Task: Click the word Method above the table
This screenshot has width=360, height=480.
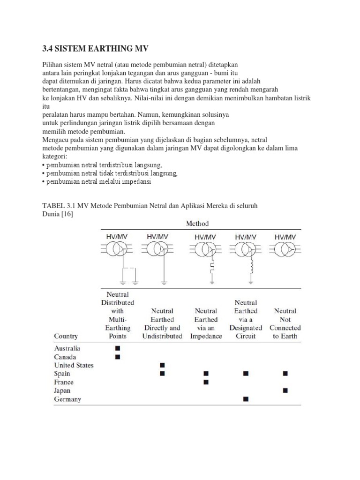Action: coord(197,224)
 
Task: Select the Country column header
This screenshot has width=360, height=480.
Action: coord(66,336)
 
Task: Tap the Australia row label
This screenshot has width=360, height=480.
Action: coord(67,348)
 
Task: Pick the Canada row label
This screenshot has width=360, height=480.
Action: coord(65,357)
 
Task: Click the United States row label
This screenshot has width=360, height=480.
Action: coord(74,365)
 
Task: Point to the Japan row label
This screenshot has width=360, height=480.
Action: coord(63,390)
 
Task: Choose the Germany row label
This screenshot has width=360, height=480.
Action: coord(67,399)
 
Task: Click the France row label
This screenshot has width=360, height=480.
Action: coord(64,382)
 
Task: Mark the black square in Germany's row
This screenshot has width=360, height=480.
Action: coord(246,399)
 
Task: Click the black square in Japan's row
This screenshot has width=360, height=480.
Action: coord(285,390)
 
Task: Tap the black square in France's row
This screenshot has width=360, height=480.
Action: coord(206,382)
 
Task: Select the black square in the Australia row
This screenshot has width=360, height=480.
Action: coord(117,348)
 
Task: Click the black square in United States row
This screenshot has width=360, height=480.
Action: coord(162,365)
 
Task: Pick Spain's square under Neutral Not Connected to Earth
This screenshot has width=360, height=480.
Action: coord(285,374)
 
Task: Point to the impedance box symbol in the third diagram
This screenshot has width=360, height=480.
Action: coord(212,268)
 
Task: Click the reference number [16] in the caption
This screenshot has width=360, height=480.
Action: coord(67,214)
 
